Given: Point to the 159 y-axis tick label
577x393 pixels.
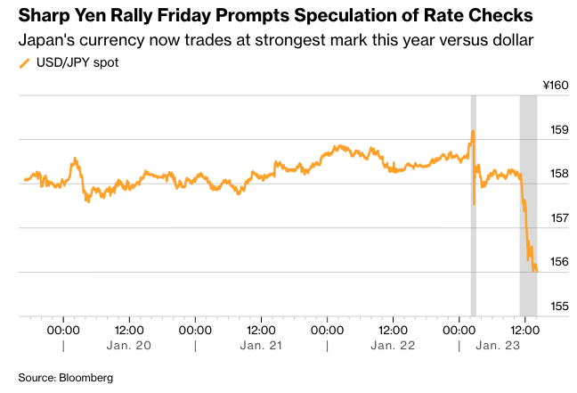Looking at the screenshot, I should [x=558, y=130].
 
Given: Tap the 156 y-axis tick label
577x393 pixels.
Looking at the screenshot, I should [x=558, y=262].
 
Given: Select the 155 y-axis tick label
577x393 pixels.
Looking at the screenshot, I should [x=558, y=307].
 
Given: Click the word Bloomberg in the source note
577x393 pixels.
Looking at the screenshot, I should [x=87, y=378].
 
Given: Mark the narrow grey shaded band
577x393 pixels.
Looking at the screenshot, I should [x=474, y=205].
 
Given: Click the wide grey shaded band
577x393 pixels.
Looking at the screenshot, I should [x=528, y=205].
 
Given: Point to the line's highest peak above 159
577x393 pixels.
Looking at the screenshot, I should [x=473, y=131].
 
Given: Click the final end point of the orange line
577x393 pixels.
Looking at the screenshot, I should [x=537, y=271].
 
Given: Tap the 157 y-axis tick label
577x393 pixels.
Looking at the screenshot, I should [x=558, y=218].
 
